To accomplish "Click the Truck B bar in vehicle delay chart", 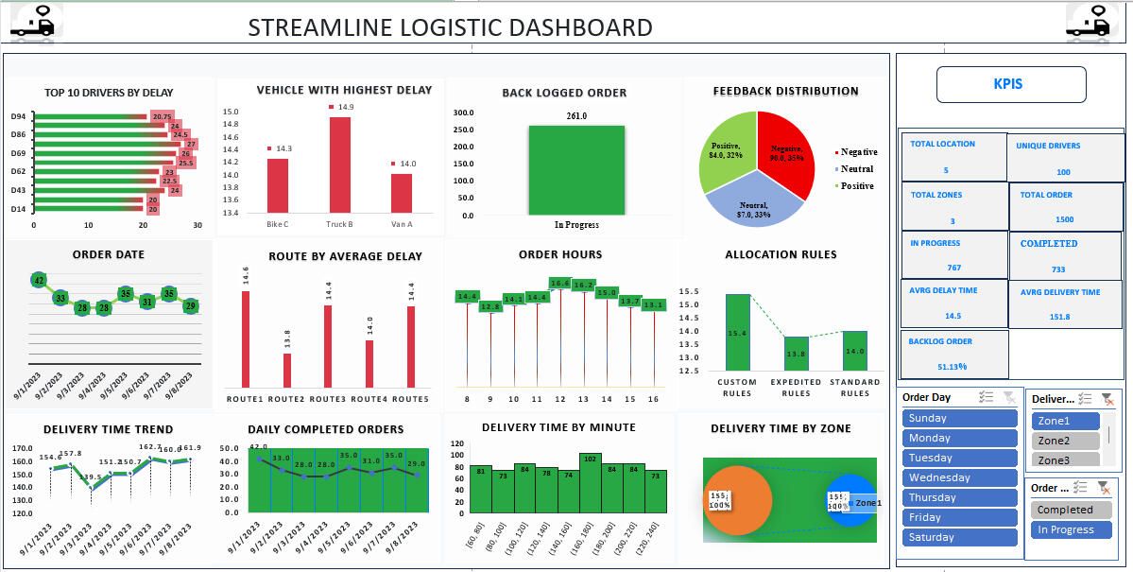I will point(339,165).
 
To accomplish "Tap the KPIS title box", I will point(1010,84).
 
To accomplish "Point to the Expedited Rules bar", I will point(797,353).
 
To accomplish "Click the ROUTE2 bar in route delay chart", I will point(287,370).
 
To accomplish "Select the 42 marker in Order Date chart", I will point(39,280).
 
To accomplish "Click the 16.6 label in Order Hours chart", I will point(560,284).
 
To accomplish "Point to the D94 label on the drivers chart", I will point(18,116).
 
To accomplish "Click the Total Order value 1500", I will point(1064,219).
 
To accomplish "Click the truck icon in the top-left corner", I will point(32,21).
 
